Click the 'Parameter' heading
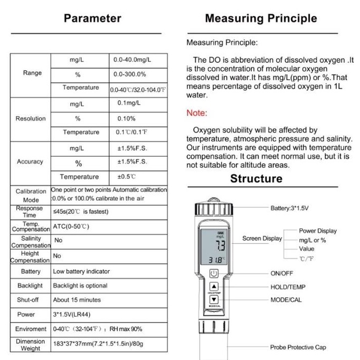pos(92,18)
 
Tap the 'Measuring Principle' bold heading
pos(261,18)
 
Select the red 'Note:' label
pos(197,113)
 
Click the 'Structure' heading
pos(256,178)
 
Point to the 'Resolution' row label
pos(31,119)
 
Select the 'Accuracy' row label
pos(30,162)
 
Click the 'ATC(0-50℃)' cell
pos(71,227)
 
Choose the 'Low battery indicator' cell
pos(81,271)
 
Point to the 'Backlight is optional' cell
pos(80,286)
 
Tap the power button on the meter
pos(214,273)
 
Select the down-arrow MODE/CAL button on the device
pos(214,300)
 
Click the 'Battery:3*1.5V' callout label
pos(289,209)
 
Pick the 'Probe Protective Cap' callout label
pos(298,347)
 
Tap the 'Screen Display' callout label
pos(262,239)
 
